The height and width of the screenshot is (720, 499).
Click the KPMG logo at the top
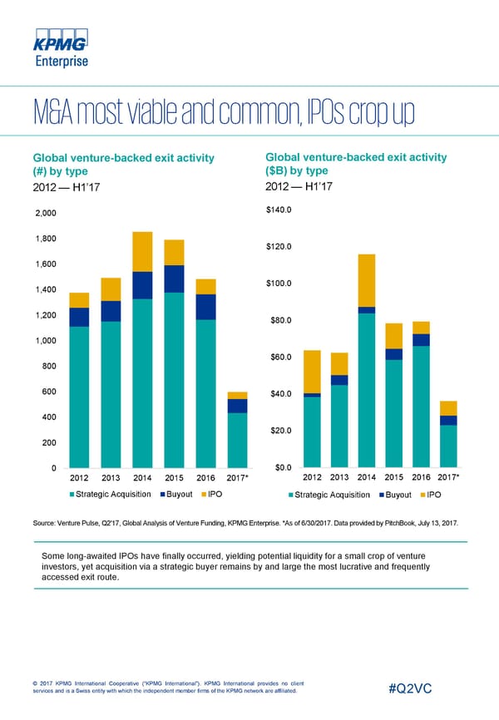(x=60, y=42)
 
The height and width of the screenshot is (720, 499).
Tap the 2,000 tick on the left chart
(x=43, y=214)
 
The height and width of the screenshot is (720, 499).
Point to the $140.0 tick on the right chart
(x=279, y=210)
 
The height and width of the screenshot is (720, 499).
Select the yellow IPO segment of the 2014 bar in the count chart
(x=142, y=251)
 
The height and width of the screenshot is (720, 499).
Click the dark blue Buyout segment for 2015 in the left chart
(x=174, y=279)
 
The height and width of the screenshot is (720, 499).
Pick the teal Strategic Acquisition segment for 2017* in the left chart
(x=237, y=439)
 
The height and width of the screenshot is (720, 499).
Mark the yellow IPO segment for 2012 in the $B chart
(x=312, y=371)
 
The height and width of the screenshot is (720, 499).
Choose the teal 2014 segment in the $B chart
(x=366, y=388)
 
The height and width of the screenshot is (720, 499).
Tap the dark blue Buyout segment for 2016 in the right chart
(x=421, y=339)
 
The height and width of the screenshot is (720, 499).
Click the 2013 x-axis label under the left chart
(x=111, y=477)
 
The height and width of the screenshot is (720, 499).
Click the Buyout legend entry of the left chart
(x=177, y=495)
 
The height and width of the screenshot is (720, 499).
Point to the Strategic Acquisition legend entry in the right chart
(x=329, y=495)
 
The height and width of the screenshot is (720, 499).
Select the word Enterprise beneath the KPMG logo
(x=60, y=60)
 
